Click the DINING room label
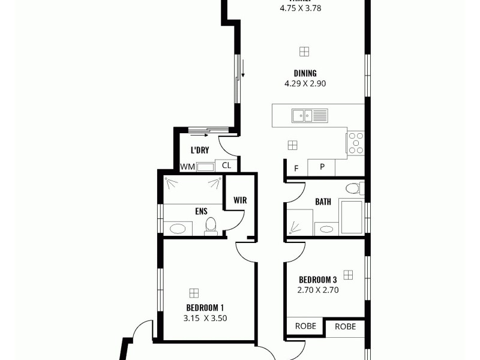(x=305, y=74)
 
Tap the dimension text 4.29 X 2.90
(x=305, y=84)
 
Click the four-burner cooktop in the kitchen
(x=356, y=143)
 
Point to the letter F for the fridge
(x=296, y=168)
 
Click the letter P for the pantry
(x=322, y=167)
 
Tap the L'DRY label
(x=200, y=150)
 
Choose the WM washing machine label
(x=187, y=167)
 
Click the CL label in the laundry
(x=226, y=166)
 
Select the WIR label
(x=240, y=200)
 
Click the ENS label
(x=201, y=211)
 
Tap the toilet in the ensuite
(x=211, y=225)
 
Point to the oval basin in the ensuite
(x=177, y=228)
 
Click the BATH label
(x=323, y=202)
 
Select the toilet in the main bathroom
(x=353, y=188)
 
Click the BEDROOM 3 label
(x=317, y=280)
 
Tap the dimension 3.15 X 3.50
(x=205, y=319)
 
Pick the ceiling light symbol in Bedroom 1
(x=194, y=293)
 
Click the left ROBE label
(x=305, y=326)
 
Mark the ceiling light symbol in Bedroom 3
(x=348, y=274)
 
